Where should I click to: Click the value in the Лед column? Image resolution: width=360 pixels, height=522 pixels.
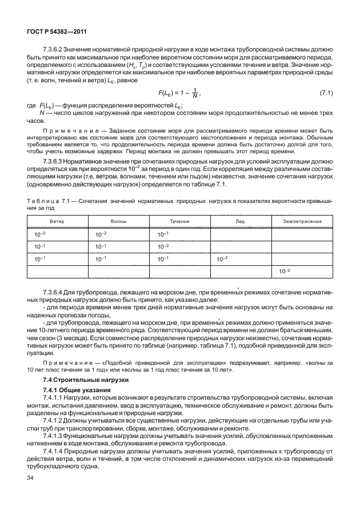[222, 258]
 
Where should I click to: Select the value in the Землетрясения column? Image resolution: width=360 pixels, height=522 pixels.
[284, 271]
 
